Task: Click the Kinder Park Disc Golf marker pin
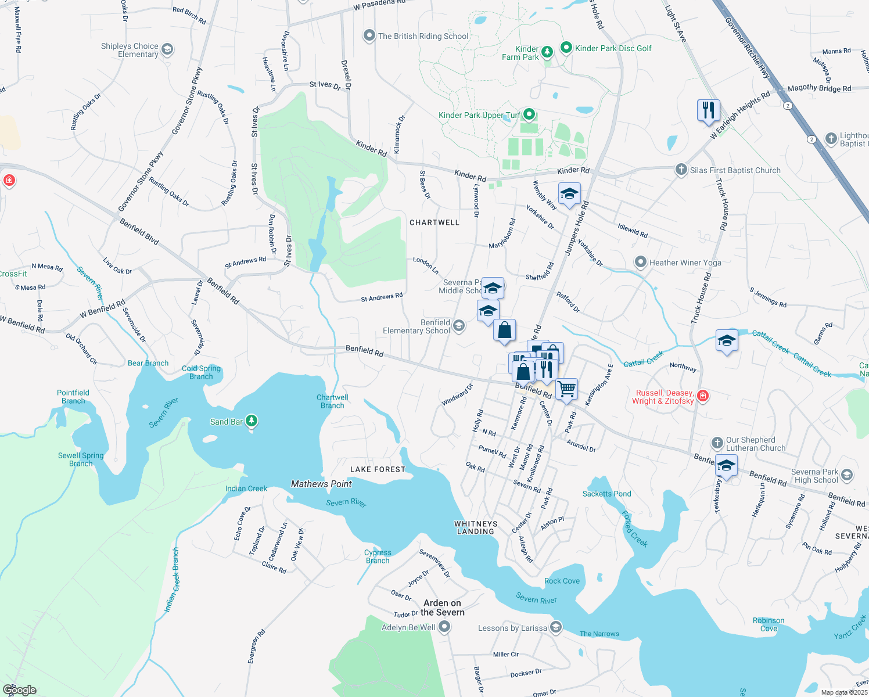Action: (566, 48)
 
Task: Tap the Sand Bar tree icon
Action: (251, 421)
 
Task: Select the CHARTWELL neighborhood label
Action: (435, 222)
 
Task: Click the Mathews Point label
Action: (321, 484)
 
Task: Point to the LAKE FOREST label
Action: (378, 469)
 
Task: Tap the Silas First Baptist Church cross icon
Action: (681, 170)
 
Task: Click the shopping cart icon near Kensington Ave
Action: (566, 389)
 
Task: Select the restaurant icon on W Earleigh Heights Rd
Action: (708, 110)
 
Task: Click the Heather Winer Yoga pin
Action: (640, 263)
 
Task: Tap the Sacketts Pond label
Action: (606, 494)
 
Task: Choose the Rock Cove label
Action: (562, 581)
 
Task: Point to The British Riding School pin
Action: (369, 36)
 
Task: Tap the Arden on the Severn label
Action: (443, 608)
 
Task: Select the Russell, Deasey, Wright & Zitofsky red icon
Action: (702, 397)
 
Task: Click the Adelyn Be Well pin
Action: (444, 627)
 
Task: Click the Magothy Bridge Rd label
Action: (819, 88)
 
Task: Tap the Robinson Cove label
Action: (769, 624)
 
